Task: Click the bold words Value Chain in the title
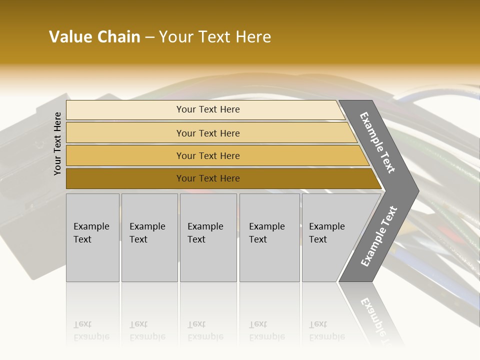pos(94,37)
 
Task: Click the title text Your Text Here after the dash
pos(215,37)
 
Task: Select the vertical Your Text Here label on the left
pos(57,143)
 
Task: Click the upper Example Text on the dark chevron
pos(377,142)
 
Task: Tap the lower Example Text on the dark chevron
pos(378,236)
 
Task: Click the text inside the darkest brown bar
pos(208,178)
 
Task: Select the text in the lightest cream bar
pos(208,109)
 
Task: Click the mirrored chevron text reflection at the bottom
pos(377,317)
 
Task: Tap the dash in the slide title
pos(149,37)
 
